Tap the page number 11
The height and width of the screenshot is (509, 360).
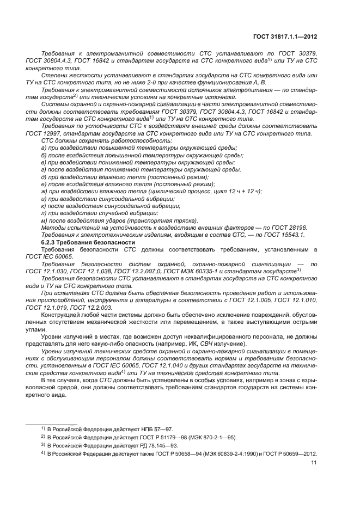point(313,463)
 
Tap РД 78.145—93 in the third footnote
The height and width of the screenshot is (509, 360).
point(160,445)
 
